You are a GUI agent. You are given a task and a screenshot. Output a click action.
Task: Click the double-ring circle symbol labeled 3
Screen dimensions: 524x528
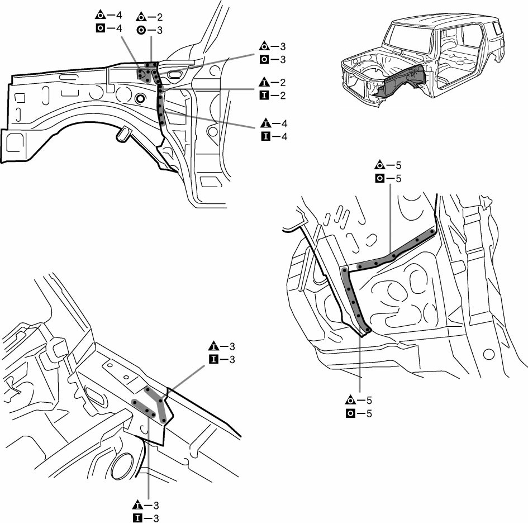[142, 30]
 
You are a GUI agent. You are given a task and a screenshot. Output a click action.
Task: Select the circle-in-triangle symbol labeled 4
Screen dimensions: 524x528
[101, 15]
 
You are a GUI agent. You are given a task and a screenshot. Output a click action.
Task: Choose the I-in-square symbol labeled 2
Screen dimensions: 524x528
[265, 96]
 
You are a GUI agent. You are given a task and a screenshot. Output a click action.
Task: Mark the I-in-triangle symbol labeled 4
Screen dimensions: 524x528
[265, 124]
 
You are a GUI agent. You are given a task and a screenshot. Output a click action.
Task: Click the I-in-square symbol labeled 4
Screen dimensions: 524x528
[265, 137]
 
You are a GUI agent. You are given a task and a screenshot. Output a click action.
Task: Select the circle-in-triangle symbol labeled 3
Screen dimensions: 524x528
[265, 46]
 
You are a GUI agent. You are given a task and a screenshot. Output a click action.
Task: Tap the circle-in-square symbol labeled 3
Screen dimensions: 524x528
[265, 59]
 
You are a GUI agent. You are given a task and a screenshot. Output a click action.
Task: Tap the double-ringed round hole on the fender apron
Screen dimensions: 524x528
[140, 99]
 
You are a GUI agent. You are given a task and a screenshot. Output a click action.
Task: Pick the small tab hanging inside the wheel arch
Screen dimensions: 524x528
[124, 134]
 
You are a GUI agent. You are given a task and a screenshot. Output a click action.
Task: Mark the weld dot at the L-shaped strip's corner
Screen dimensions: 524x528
[345, 271]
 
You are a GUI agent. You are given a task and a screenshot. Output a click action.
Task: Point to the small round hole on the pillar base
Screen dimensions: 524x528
[489, 354]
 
